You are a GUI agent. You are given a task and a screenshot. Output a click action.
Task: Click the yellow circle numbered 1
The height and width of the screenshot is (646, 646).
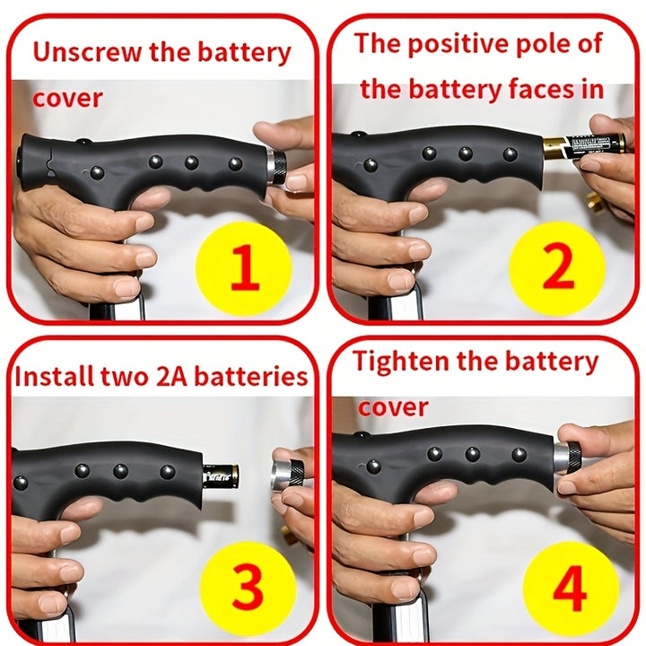[244, 268]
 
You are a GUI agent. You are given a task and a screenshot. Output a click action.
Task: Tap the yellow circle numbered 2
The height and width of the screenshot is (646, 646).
[557, 268]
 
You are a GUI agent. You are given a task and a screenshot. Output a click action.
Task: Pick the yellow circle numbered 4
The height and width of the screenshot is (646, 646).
[571, 589]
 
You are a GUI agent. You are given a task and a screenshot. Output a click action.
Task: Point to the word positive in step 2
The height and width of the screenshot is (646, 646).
[458, 45]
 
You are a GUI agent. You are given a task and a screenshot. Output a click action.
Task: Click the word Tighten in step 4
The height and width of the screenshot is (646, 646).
[401, 361]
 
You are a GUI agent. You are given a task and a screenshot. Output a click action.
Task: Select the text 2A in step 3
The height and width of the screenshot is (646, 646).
[172, 377]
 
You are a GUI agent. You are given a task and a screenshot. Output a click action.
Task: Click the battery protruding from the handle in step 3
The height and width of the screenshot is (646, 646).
[221, 476]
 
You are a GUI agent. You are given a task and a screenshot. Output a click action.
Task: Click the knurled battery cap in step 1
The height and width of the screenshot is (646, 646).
[276, 167]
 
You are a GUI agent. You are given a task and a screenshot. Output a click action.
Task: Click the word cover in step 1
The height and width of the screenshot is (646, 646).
[67, 99]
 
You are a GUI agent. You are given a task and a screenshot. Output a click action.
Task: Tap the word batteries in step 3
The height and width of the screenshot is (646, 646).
[251, 377]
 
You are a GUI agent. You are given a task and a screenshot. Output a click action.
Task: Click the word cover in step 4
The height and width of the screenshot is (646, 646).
[393, 407]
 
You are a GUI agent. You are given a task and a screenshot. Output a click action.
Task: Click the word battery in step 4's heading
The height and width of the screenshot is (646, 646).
[552, 362]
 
